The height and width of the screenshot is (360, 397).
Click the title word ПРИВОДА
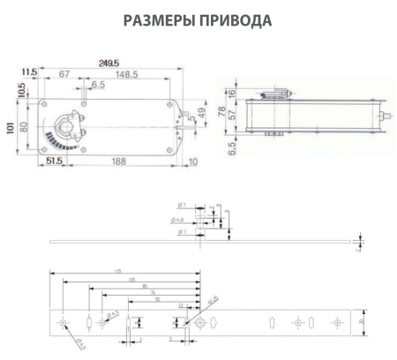pyautogui.click(x=234, y=19)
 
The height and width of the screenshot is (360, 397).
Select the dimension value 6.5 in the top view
pyautogui.click(x=97, y=86)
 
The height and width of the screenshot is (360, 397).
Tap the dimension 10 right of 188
pyautogui.click(x=192, y=161)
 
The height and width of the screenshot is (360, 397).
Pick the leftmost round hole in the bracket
pyautogui.click(x=64, y=322)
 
